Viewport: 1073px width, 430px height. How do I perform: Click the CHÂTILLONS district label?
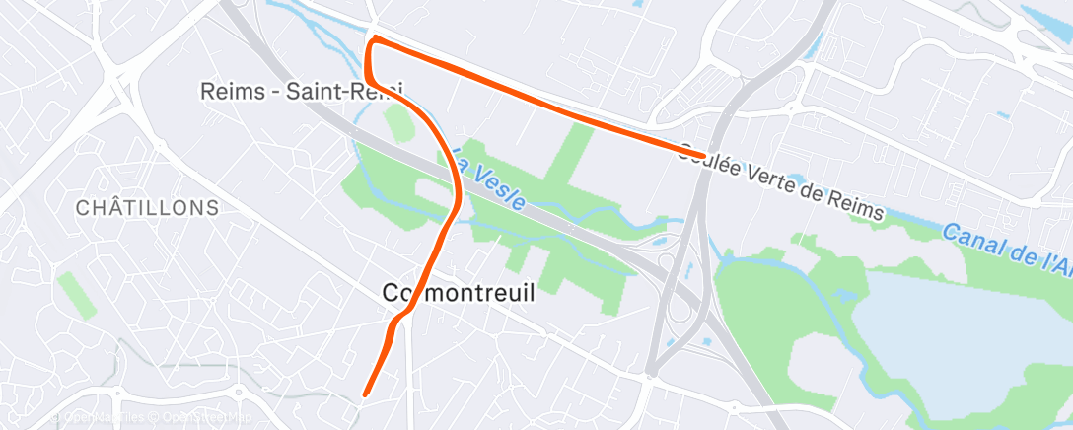click(147, 208)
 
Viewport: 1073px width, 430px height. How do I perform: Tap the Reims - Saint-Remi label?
click(302, 92)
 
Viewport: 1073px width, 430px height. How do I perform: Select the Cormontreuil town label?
click(452, 292)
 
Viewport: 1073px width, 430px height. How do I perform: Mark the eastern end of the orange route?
click(701, 155)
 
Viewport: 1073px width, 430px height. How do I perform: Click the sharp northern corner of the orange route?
click(374, 39)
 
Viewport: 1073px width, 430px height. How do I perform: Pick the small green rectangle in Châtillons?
click(77, 294)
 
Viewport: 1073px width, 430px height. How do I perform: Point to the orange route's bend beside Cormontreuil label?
click(398, 318)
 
